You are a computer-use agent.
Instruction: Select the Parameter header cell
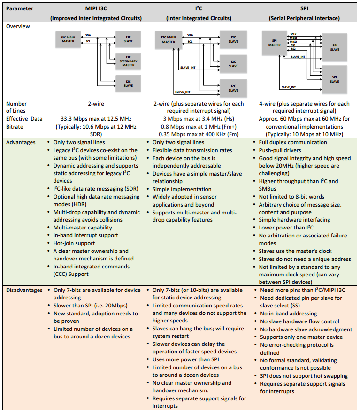click(20, 8)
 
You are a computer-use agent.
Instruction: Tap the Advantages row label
click(21, 142)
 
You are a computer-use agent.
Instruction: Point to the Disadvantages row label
click(24, 290)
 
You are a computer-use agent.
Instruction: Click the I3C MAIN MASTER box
click(68, 39)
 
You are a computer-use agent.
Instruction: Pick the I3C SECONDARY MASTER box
click(128, 61)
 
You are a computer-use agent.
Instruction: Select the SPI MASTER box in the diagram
click(274, 43)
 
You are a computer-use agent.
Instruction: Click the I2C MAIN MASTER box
click(169, 39)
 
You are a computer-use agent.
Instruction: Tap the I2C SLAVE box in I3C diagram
click(128, 84)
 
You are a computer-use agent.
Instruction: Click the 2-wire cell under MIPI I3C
click(96, 104)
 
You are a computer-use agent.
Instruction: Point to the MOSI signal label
click(293, 38)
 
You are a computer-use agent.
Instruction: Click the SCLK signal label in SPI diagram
click(293, 34)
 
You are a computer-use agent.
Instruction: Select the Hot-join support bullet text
click(74, 243)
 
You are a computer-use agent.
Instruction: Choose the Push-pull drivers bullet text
click(280, 150)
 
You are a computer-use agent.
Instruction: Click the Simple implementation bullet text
click(182, 189)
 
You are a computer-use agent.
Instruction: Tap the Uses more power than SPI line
click(186, 359)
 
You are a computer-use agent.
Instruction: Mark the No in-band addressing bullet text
click(288, 314)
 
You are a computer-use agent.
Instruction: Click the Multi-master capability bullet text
click(83, 228)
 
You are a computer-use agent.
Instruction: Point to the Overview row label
click(18, 26)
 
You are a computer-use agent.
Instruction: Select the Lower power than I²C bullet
click(286, 228)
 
